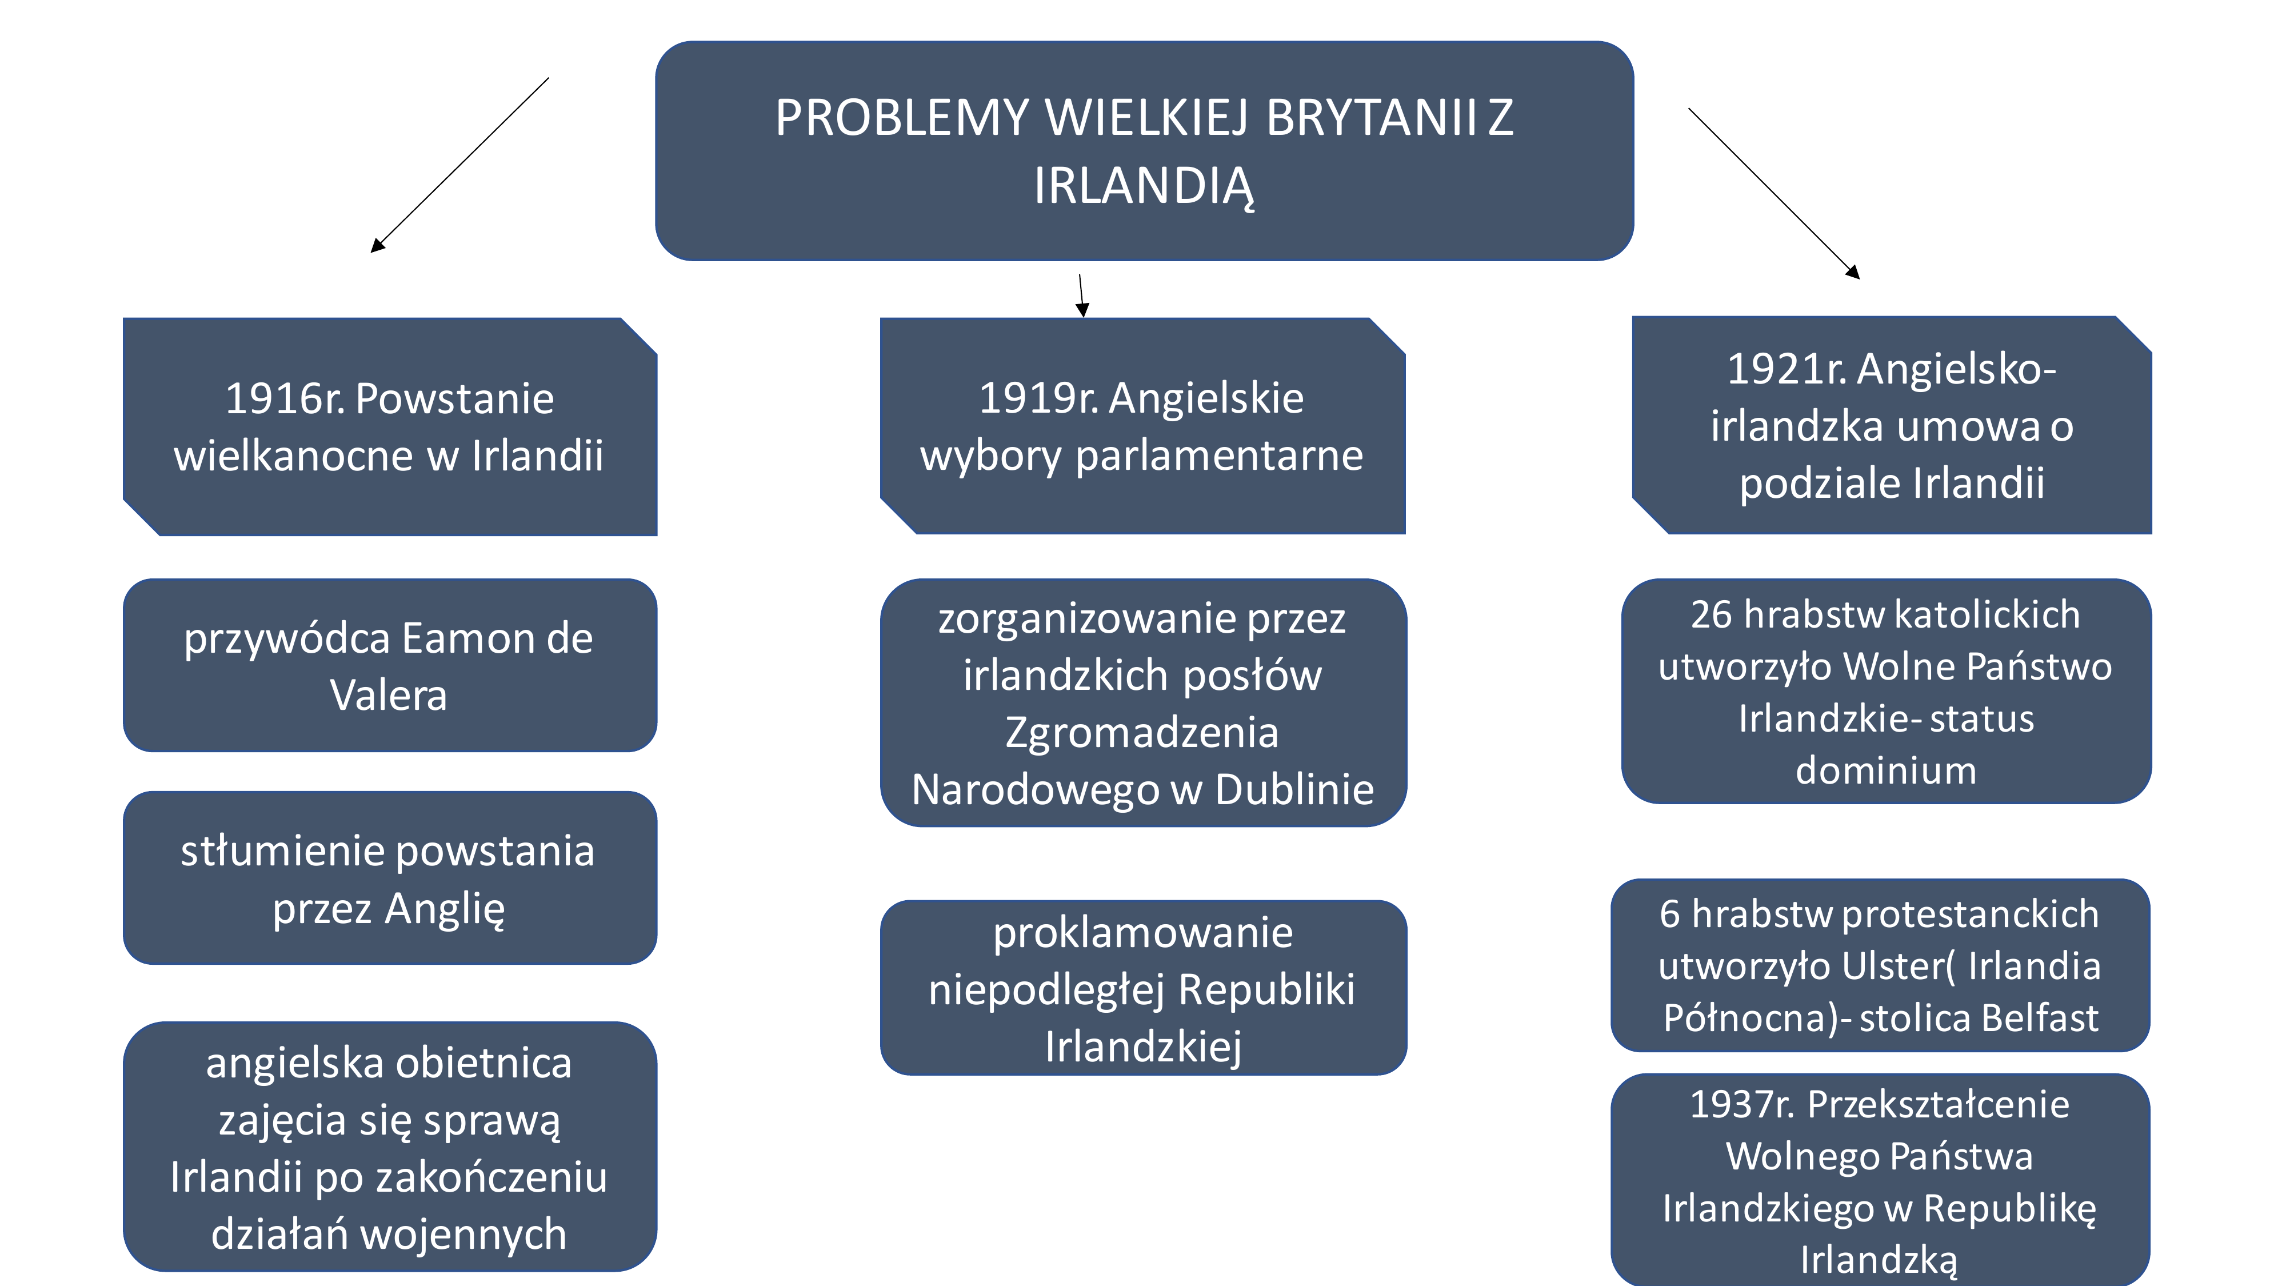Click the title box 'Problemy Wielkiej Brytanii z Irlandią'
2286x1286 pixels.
[1144, 151]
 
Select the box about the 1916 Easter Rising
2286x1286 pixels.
[390, 427]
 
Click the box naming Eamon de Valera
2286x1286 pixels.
[390, 666]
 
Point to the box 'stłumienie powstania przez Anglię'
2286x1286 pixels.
[390, 878]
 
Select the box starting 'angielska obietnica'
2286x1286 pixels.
[390, 1147]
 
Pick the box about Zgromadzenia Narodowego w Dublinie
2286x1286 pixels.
[1143, 703]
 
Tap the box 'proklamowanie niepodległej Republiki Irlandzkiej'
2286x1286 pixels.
[1143, 988]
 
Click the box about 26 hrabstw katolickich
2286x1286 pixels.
[1886, 692]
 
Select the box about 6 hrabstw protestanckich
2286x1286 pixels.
[1880, 965]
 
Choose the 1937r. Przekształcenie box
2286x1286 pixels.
[1880, 1180]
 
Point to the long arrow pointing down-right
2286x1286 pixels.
[1774, 194]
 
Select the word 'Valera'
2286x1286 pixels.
[388, 695]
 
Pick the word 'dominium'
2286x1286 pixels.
[1886, 770]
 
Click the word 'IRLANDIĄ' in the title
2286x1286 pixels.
[1144, 186]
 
